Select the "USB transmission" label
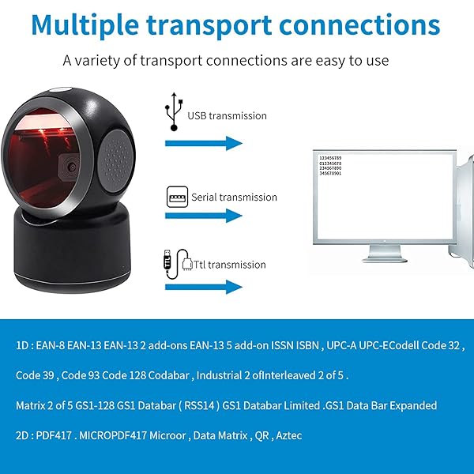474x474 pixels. pyautogui.click(x=227, y=115)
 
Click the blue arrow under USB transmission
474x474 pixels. pyautogui.click(x=202, y=143)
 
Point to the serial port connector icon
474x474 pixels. pyautogui.click(x=177, y=197)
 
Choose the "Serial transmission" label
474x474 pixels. pyautogui.click(x=234, y=197)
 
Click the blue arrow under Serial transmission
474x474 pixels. pyautogui.click(x=202, y=215)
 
